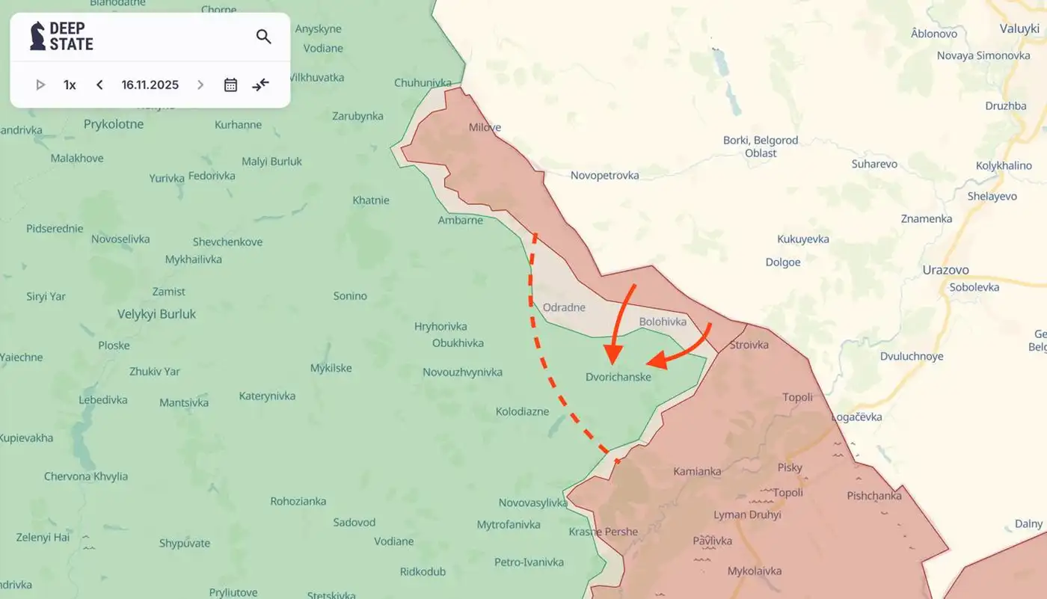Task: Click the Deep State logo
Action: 61,36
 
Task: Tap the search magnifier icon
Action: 263,37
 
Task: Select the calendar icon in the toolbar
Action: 230,85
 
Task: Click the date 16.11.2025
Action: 150,85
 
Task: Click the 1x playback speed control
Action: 70,85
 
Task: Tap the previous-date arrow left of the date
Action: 99,85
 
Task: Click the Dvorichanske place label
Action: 618,378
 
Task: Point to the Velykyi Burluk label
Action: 156,315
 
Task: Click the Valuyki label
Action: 1019,28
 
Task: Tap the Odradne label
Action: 564,307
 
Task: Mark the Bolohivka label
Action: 663,322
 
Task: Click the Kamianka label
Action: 697,471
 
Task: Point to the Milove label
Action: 485,127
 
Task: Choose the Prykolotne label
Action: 114,124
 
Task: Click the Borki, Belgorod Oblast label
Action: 761,147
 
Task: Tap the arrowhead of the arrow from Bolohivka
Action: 655,361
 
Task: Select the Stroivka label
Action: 749,345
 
